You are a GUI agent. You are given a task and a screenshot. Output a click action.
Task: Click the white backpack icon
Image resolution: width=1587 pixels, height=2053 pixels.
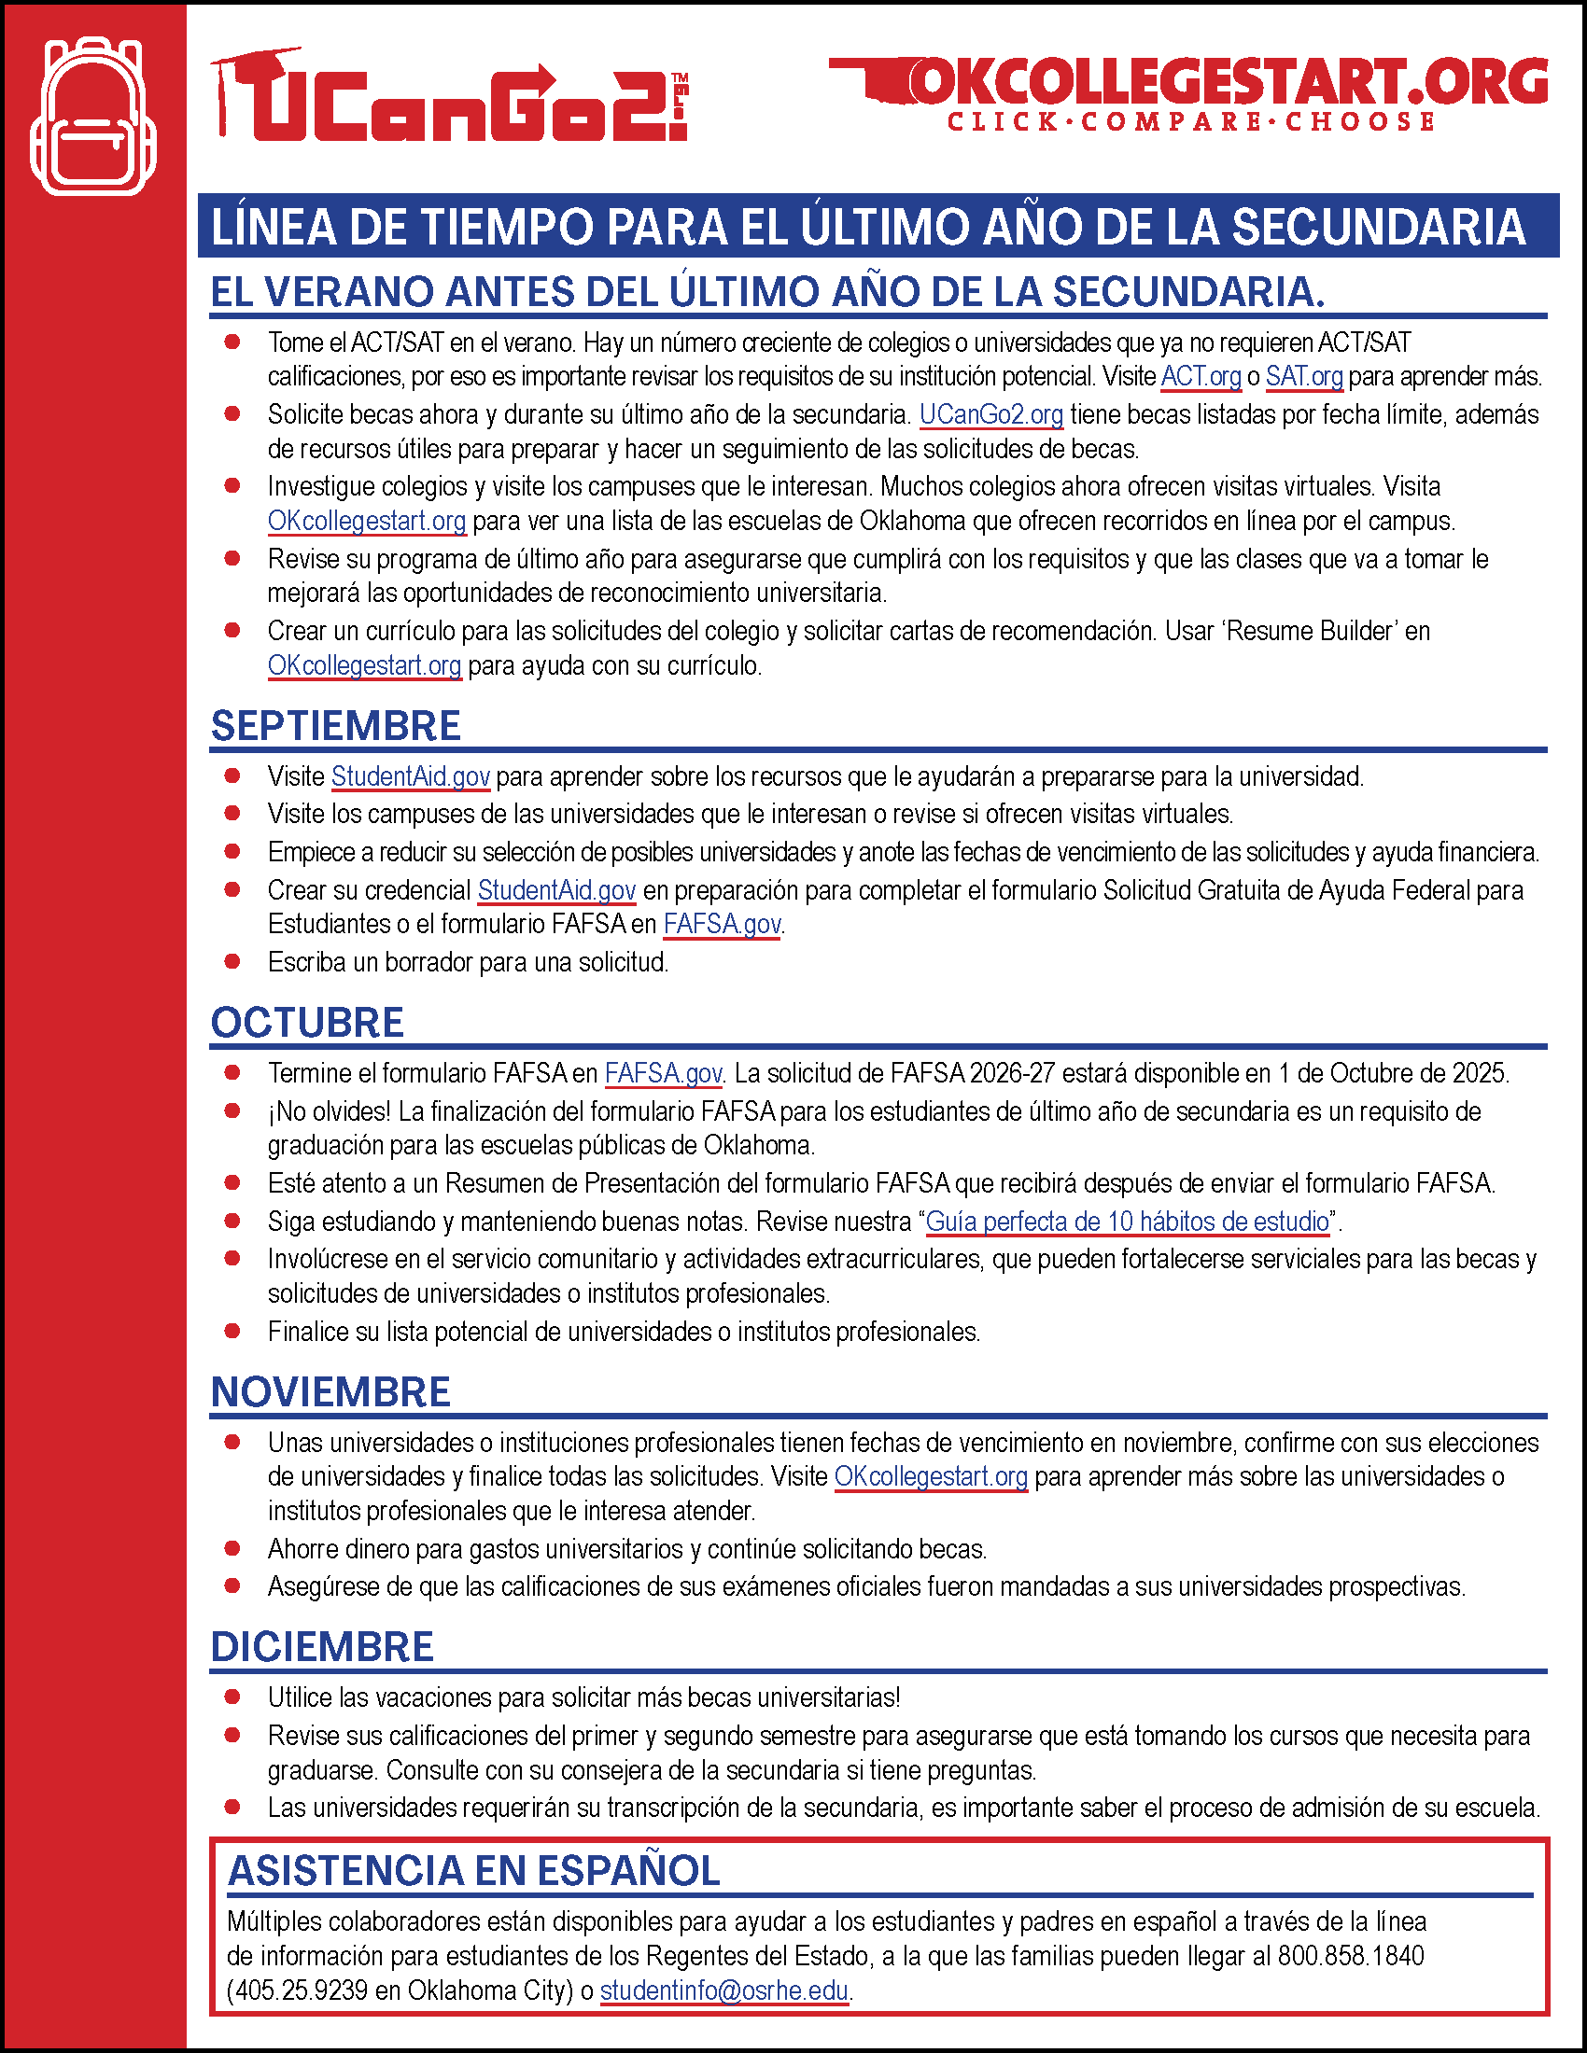pyautogui.click(x=93, y=117)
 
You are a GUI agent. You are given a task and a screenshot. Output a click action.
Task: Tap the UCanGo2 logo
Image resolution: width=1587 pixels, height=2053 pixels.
pyautogui.click(x=449, y=97)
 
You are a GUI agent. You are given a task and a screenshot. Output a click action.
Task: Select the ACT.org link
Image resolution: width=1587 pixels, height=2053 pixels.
pyautogui.click(x=1201, y=377)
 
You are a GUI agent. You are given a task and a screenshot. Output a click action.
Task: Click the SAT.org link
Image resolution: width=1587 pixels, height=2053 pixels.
pyautogui.click(x=1304, y=377)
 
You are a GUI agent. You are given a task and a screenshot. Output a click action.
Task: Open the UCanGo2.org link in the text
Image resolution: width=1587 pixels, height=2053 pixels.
pyautogui.click(x=990, y=414)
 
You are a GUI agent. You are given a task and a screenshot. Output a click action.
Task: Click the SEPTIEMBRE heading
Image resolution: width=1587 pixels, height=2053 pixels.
pyautogui.click(x=336, y=726)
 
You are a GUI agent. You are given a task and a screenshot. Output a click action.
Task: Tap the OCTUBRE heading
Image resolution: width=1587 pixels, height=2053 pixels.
pyautogui.click(x=307, y=1023)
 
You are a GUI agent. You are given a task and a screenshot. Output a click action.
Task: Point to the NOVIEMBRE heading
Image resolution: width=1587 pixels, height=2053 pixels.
pyautogui.click(x=331, y=1392)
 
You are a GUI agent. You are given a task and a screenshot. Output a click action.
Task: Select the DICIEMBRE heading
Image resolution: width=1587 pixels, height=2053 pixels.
pyautogui.click(x=322, y=1647)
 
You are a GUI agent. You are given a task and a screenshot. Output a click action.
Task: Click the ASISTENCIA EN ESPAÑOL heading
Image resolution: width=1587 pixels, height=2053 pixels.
pyautogui.click(x=474, y=1871)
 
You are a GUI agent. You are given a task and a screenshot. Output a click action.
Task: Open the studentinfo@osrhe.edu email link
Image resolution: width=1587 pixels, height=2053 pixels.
pyautogui.click(x=723, y=1990)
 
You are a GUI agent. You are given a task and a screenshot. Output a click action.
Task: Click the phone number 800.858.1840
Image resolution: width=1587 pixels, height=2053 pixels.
pyautogui.click(x=1350, y=1956)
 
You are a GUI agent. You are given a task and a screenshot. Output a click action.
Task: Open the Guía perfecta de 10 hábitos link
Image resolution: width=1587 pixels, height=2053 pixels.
pyautogui.click(x=1128, y=1222)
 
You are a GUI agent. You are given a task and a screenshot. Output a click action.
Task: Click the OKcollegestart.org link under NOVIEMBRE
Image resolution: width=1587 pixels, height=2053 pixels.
pyautogui.click(x=931, y=1477)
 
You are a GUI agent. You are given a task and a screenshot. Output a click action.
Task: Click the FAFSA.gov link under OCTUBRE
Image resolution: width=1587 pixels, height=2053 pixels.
pyautogui.click(x=663, y=1073)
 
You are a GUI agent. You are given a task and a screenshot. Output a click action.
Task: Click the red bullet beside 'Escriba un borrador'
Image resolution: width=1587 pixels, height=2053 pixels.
pyautogui.click(x=232, y=961)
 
